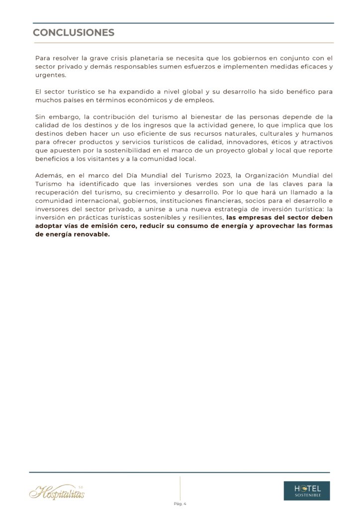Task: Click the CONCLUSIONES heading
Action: (74, 33)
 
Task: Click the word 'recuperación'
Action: (58, 193)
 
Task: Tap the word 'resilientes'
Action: (202, 218)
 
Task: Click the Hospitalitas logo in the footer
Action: (57, 492)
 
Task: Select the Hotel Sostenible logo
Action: (306, 490)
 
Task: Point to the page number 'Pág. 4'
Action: (180, 504)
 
